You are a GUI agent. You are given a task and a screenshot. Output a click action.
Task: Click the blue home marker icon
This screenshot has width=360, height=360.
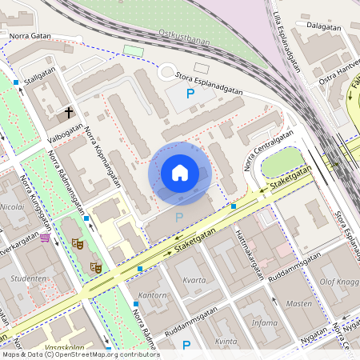180,173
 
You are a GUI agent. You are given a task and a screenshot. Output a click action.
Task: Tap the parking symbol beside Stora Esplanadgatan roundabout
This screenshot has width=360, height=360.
190,94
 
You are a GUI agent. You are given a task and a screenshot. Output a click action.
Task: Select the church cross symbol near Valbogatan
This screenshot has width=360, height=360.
69,113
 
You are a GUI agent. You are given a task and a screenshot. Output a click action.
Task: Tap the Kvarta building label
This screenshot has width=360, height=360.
195,281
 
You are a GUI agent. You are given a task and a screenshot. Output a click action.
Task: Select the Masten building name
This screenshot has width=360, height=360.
298,304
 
